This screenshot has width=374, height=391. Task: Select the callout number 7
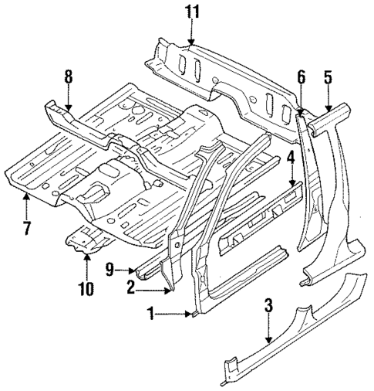tap(26, 229)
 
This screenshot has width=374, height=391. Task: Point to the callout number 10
tap(86, 290)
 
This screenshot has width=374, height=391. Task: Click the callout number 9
tap(110, 270)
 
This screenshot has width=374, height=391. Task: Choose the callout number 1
tap(153, 314)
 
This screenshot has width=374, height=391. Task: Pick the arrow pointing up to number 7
tap(26, 205)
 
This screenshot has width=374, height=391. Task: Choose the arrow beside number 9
tap(125, 270)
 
